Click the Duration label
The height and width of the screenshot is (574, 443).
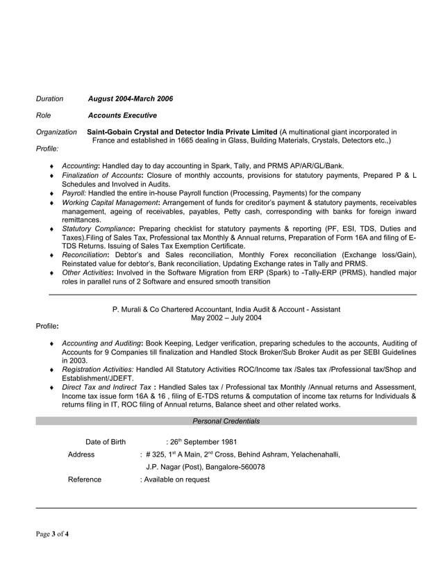coord(49,99)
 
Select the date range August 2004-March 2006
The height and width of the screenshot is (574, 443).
coord(131,99)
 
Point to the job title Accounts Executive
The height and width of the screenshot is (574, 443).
coord(122,115)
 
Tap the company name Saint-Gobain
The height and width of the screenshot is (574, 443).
coord(112,132)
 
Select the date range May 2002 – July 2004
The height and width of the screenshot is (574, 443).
coord(226,318)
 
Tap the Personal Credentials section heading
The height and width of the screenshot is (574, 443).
coord(226,421)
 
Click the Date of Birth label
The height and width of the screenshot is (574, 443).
coord(106,442)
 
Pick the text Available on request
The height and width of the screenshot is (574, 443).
coord(176,479)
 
